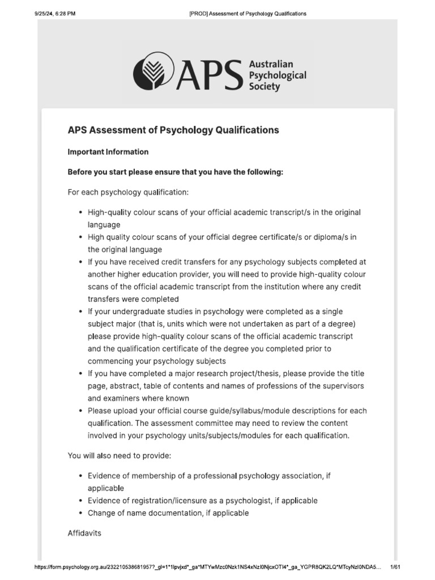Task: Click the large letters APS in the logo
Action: [x=208, y=73]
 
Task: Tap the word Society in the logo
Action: [x=265, y=87]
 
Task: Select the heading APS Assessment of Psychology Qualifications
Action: [x=173, y=130]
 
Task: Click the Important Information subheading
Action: [x=108, y=152]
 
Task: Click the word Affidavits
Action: [x=84, y=534]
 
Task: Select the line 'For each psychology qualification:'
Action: [x=128, y=192]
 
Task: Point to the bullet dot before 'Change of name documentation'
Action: [x=80, y=514]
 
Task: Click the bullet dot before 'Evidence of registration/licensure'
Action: [x=80, y=501]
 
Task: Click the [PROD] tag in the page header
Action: [x=198, y=14]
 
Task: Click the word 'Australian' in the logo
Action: [x=271, y=65]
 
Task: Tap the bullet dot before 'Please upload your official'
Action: [x=80, y=411]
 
